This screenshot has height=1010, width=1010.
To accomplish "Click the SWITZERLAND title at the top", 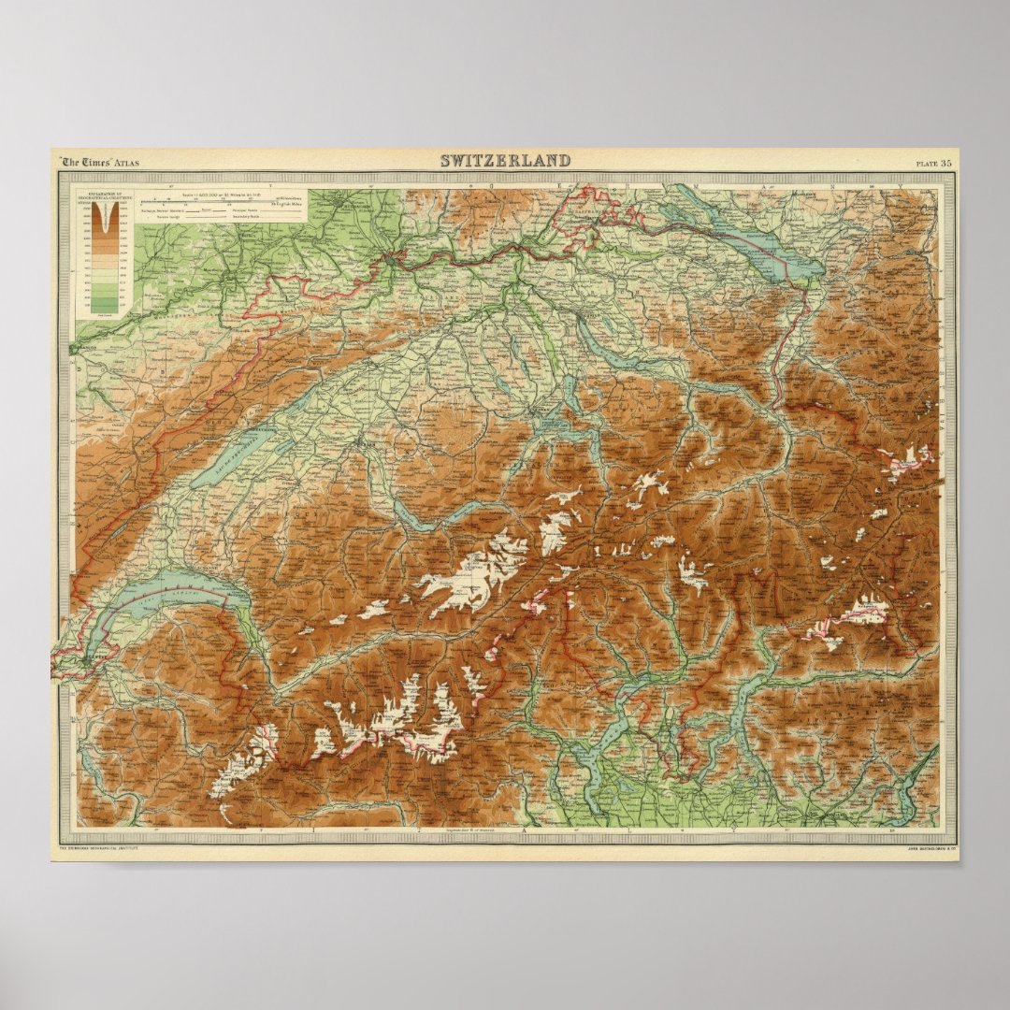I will coord(505,161).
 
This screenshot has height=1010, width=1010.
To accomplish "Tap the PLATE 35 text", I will coord(933,164).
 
